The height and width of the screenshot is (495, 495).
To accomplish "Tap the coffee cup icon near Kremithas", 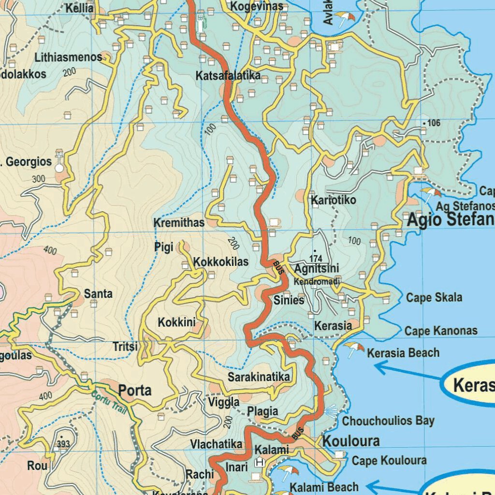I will pos(274,222).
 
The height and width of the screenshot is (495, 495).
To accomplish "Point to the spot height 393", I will pos(63,443).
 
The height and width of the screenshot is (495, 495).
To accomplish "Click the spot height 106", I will pos(433,123).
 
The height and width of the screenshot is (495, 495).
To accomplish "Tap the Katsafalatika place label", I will pos(228,76).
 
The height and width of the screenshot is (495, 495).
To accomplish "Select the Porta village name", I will pos(135,390).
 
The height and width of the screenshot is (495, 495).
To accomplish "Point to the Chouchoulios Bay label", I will pos(388,421).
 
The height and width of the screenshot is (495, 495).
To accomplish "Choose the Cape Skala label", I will pos(434,297).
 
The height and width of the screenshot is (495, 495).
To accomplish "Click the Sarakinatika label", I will pos(259,377).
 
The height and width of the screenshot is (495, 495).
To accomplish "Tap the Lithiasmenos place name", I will pos(68,57).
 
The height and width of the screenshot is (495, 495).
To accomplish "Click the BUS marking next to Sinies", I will pos(277,267).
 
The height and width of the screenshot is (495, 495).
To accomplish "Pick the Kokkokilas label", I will pos(221,262).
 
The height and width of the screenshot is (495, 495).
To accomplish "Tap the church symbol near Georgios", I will pos(59,161).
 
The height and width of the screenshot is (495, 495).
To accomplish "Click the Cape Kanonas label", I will pos(441,331).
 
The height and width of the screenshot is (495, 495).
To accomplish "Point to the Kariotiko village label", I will pos(334,200).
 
